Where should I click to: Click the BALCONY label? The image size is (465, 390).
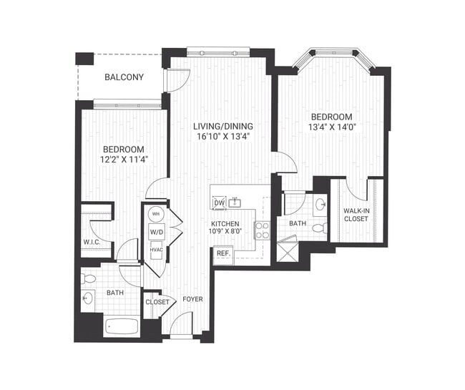[x=124, y=77]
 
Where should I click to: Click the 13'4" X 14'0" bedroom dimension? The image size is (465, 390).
[x=331, y=127]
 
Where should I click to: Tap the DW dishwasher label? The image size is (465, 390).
[x=219, y=203]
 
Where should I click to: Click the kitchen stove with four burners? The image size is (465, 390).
[x=263, y=230]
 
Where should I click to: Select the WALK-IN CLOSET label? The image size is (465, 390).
[x=356, y=215]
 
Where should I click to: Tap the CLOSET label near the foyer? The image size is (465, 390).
[x=157, y=302]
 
